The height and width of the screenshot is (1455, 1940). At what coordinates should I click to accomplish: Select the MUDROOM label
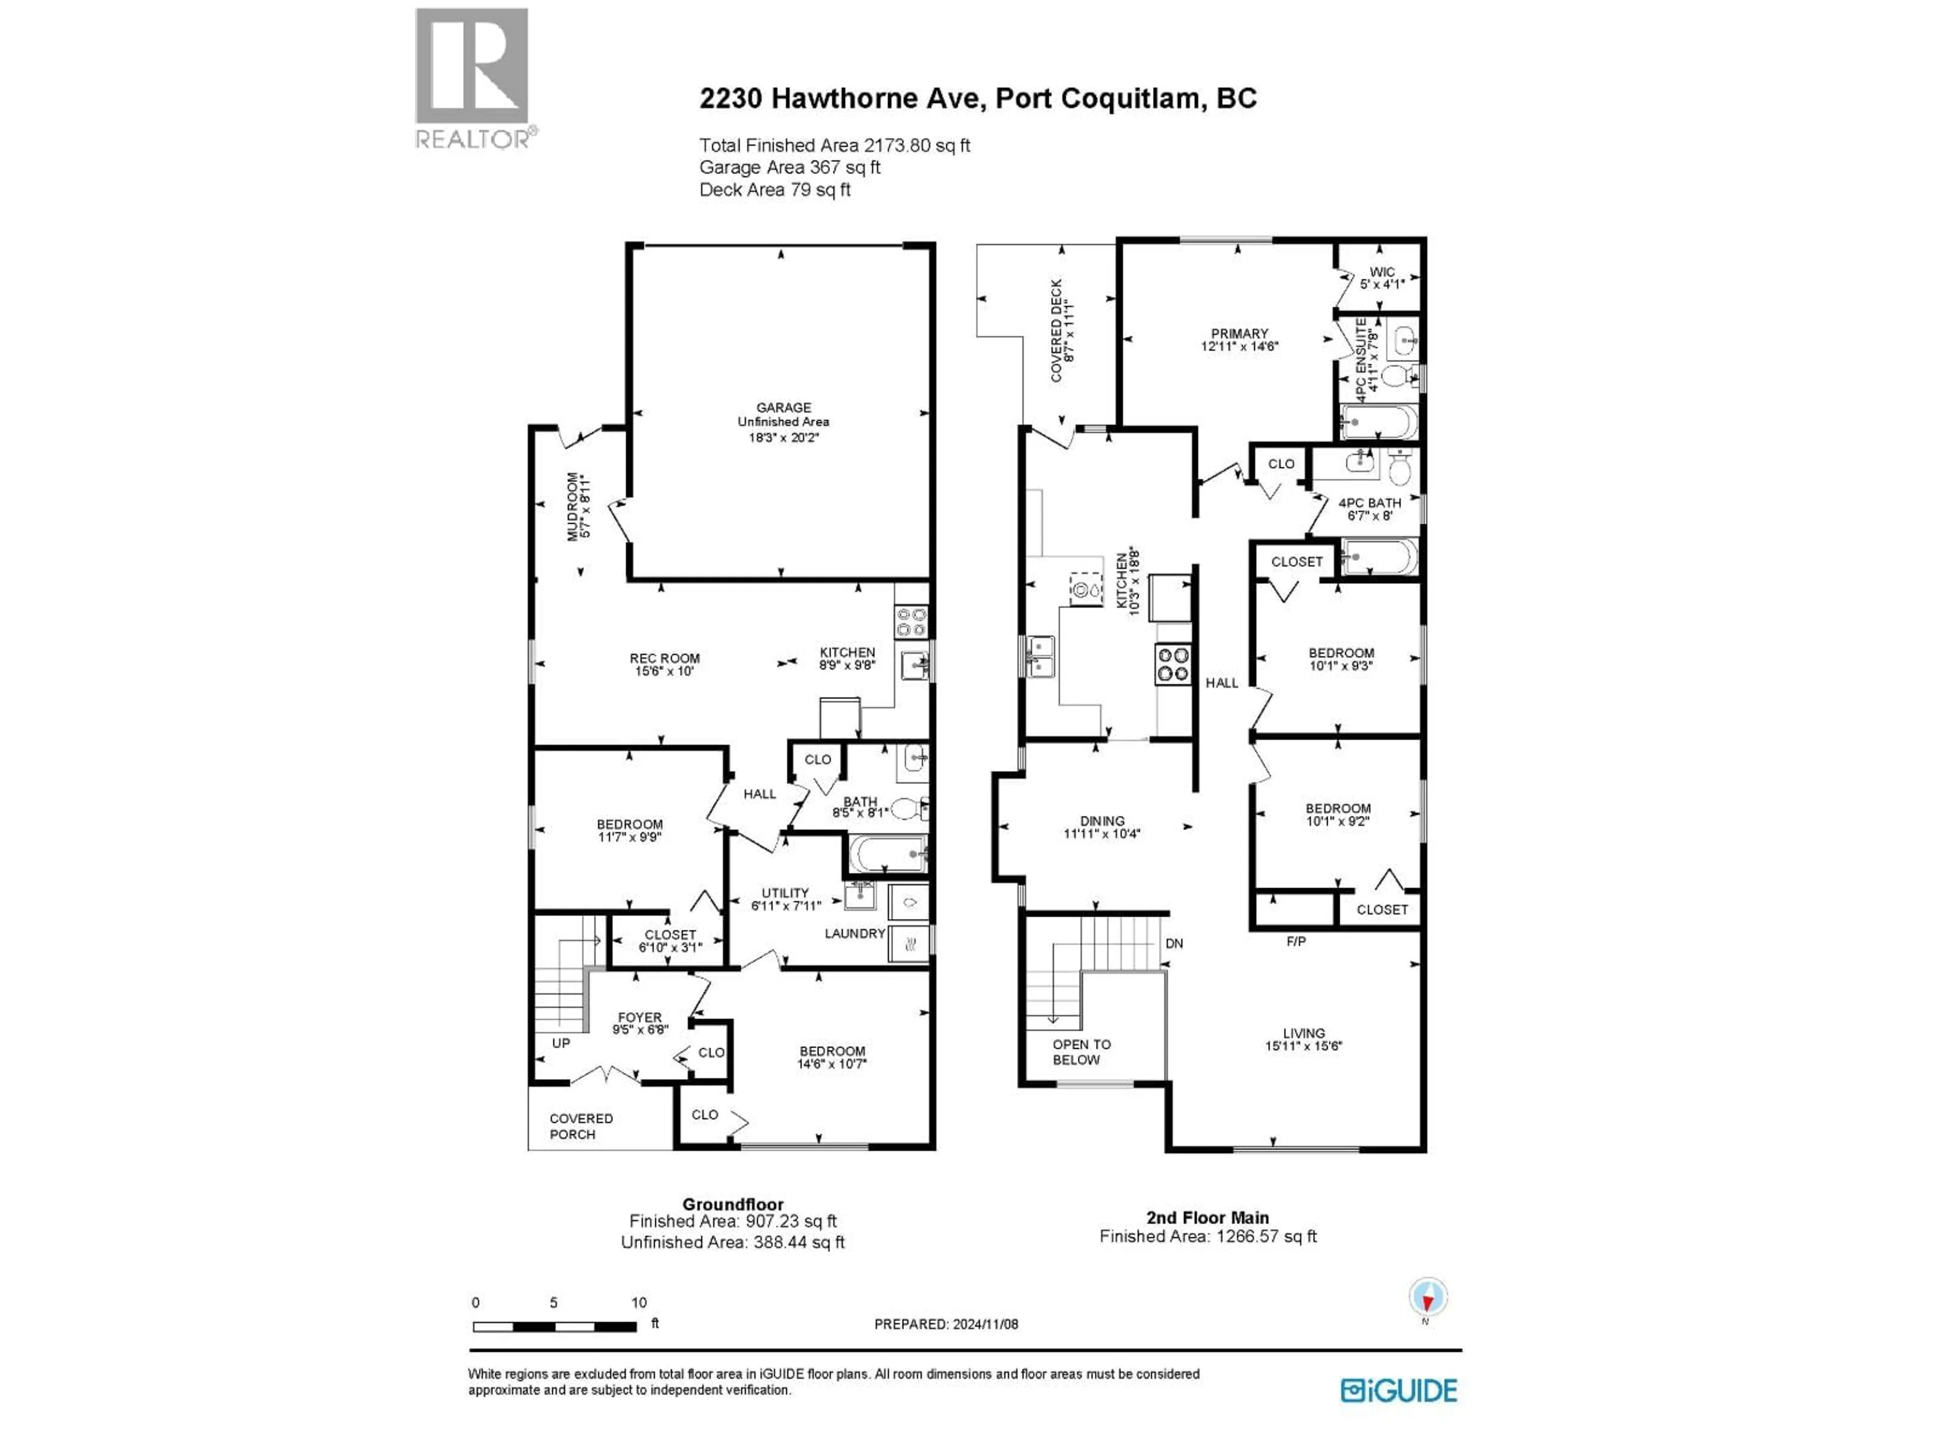click(x=573, y=506)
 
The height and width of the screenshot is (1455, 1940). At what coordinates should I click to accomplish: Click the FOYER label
click(x=640, y=1017)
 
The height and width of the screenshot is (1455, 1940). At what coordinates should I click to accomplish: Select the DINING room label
click(x=1101, y=822)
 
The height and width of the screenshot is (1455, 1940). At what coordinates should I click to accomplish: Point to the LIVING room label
click(x=1303, y=1033)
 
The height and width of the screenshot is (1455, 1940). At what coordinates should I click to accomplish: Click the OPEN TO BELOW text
click(x=1081, y=1051)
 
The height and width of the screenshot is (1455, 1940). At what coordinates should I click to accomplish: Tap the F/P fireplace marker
click(x=1295, y=941)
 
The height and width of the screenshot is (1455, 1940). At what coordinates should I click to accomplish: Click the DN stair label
click(x=1174, y=944)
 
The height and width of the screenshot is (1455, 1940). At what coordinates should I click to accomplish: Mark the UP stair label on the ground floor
click(x=560, y=1043)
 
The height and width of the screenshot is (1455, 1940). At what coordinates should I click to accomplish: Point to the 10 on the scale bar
click(x=639, y=1302)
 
